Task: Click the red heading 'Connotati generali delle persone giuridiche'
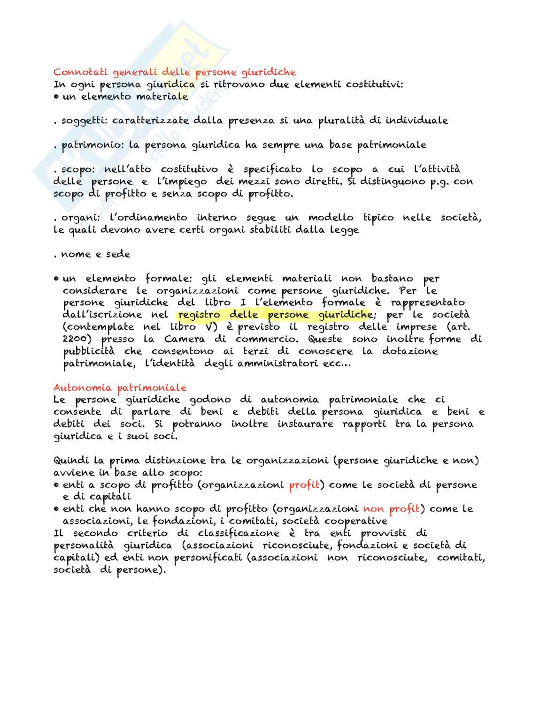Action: [175, 72]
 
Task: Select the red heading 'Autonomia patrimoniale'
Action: [120, 388]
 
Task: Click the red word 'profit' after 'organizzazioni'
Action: [304, 485]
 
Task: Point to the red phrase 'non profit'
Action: [392, 509]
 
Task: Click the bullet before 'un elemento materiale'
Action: [56, 97]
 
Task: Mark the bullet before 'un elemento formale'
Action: [56, 279]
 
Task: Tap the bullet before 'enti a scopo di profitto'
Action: [56, 485]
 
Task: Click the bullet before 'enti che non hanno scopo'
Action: [56, 509]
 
